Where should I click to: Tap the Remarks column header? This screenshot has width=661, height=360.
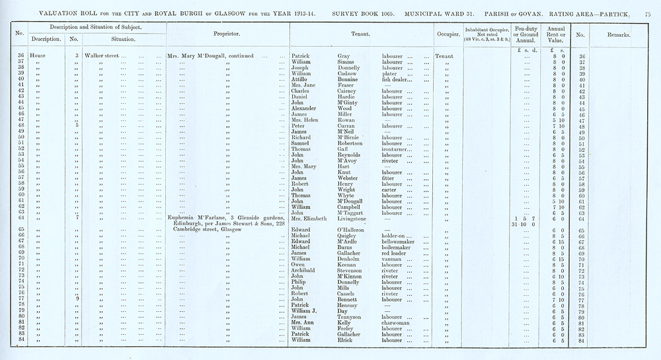coord(614,34)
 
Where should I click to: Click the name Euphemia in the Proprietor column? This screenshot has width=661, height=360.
coord(183,217)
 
